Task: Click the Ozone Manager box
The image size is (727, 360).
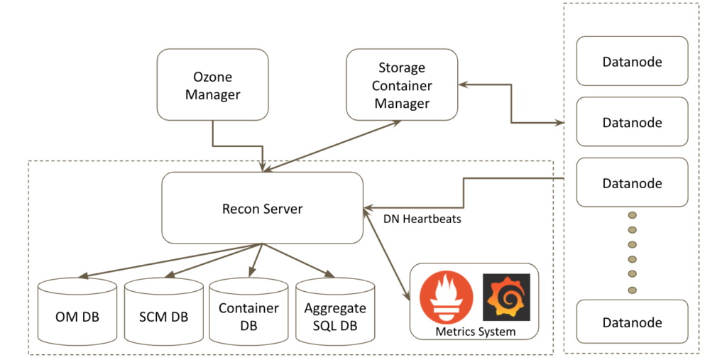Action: coord(212,84)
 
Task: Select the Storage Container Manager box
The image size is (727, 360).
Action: coord(402,84)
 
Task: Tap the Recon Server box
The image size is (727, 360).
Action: coord(262,209)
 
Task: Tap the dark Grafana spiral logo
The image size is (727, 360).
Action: coord(505,296)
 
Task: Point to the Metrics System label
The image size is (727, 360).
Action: coord(475,331)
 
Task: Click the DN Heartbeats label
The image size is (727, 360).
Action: coord(422,219)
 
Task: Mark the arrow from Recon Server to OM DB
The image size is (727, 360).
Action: coord(170,261)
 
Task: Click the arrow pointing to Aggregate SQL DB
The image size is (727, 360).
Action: coord(298,261)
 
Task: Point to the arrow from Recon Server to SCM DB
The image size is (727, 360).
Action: coord(213,261)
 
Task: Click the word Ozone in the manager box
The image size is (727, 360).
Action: coord(212,77)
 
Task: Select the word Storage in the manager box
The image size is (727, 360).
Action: coord(402,68)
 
